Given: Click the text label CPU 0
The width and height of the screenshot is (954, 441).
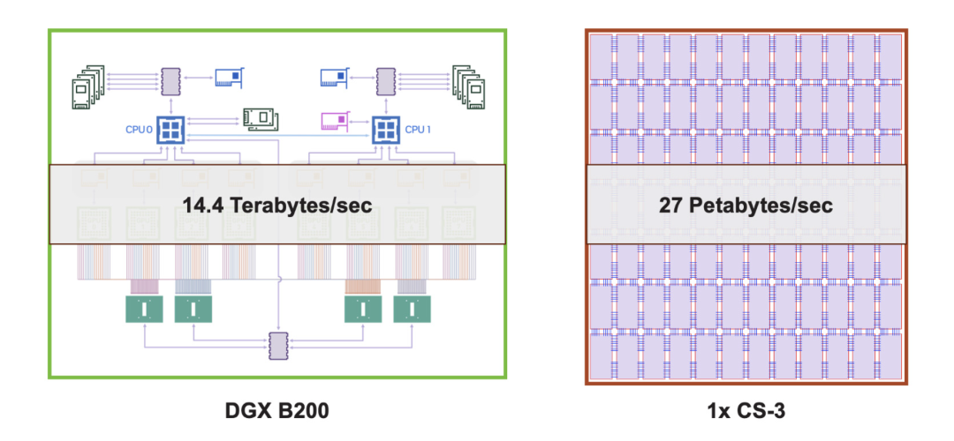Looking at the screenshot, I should coord(140,130).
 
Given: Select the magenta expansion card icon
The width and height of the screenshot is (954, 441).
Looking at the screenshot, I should coord(335,120).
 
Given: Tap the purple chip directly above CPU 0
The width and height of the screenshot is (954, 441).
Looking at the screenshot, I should coord(170,81).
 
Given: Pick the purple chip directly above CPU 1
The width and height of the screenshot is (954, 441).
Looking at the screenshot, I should coord(385,81).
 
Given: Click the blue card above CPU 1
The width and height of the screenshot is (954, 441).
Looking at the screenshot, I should coord(334,78).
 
